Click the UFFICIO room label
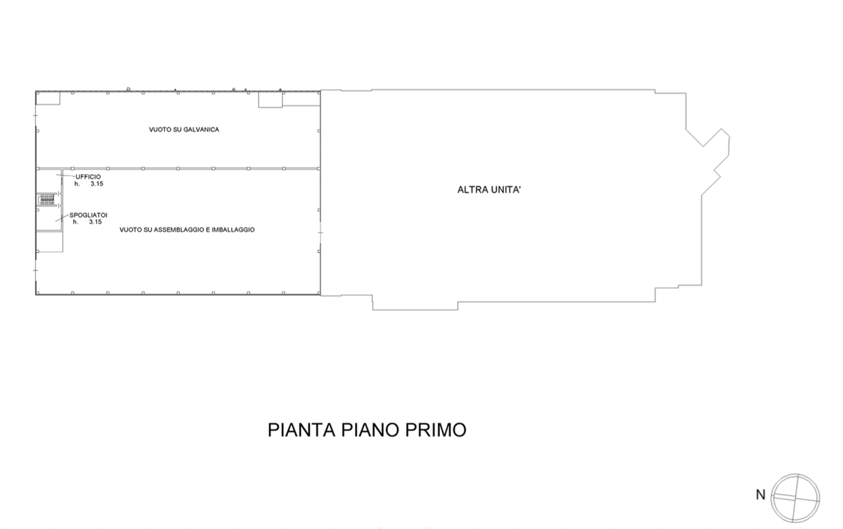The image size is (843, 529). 88,177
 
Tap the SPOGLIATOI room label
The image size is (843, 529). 88,215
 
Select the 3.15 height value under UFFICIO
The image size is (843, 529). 97,184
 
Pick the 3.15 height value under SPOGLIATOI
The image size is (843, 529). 95,222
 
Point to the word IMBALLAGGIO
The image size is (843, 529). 233,230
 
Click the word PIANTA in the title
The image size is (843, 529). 302,430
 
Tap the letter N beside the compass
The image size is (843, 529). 761,495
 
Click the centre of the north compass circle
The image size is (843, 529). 795,498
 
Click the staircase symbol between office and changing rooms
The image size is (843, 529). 47,200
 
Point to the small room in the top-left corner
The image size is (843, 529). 48,98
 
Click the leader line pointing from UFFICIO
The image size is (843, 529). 65,176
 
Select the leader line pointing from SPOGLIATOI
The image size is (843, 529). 63,218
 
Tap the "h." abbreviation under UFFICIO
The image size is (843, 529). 77,184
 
